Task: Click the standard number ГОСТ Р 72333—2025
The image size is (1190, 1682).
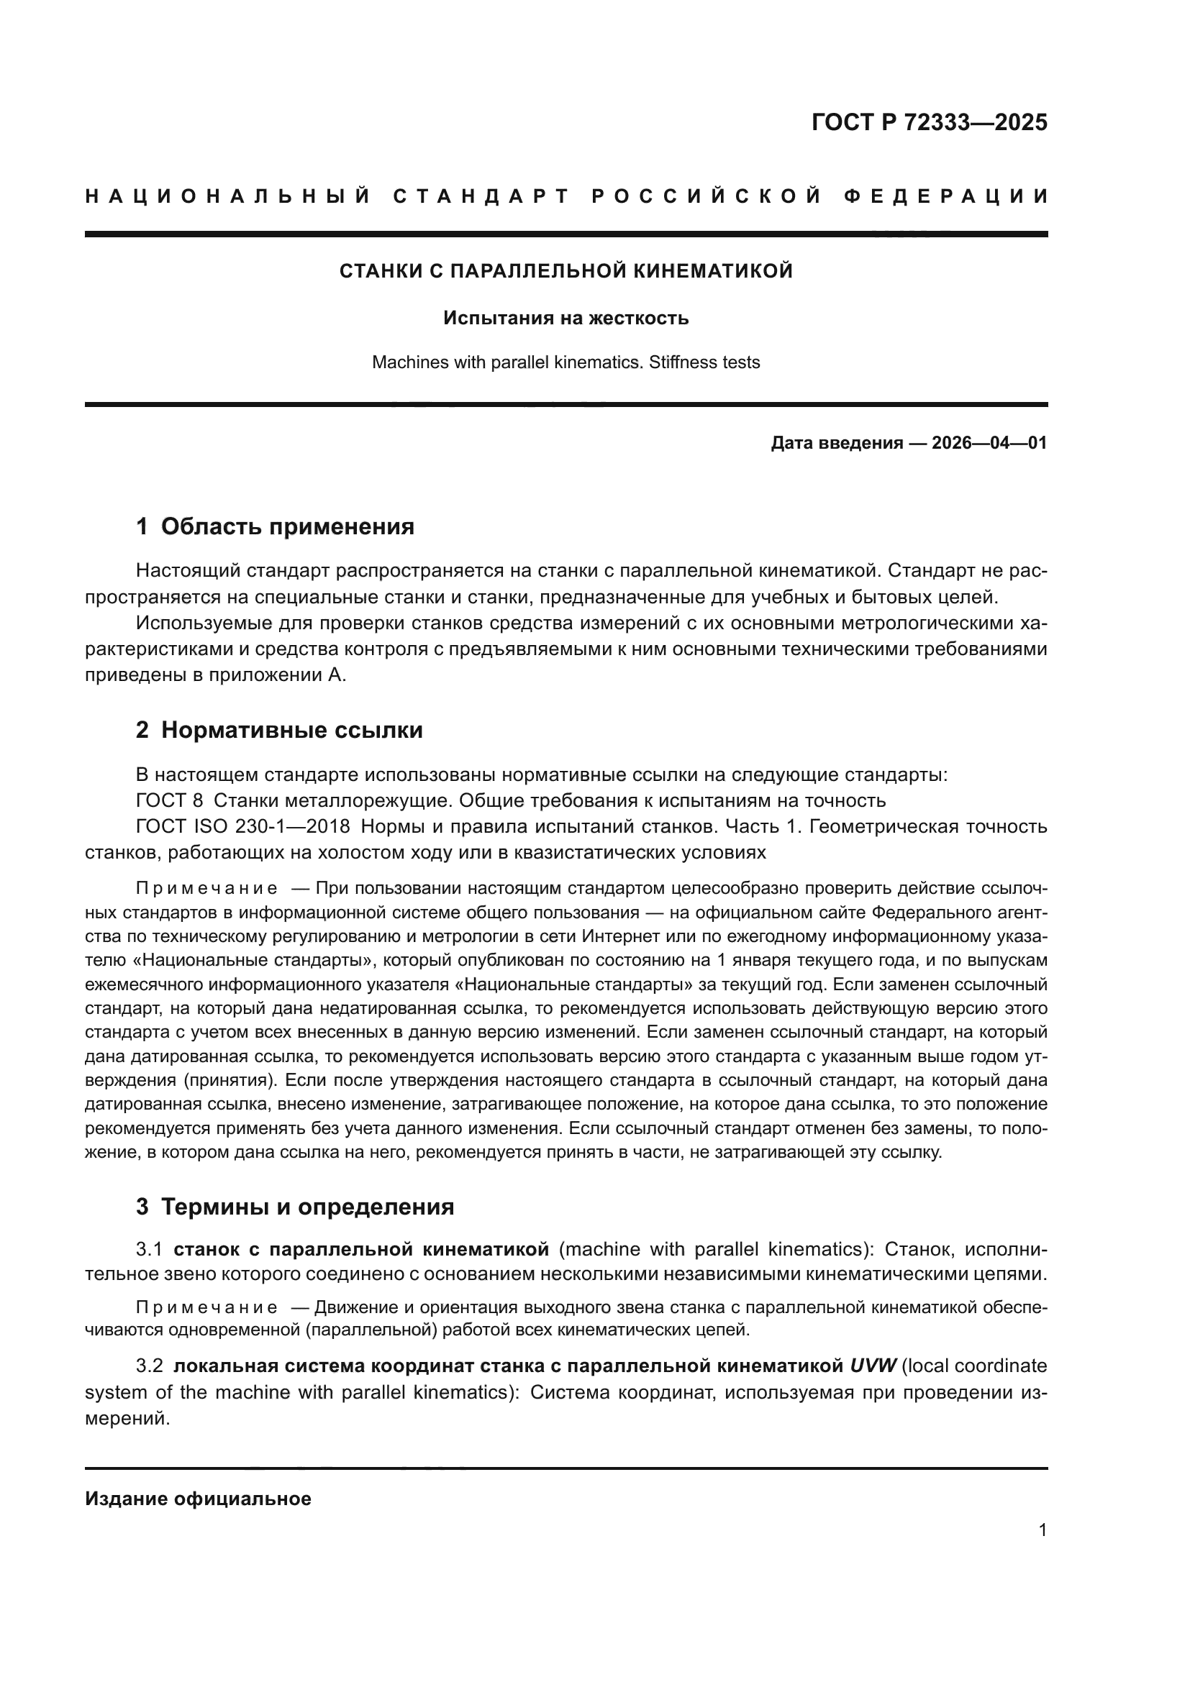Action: pyautogui.click(x=929, y=122)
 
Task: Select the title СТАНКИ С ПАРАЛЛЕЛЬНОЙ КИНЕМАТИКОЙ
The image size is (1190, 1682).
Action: pyautogui.click(x=566, y=271)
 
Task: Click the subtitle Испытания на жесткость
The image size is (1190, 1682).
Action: pyautogui.click(x=566, y=318)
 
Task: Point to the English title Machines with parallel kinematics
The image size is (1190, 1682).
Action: pyautogui.click(x=508, y=362)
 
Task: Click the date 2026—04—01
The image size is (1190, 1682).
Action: pyautogui.click(x=989, y=443)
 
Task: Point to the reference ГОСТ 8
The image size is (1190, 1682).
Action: pyautogui.click(x=169, y=800)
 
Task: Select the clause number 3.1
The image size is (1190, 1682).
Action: pyautogui.click(x=149, y=1248)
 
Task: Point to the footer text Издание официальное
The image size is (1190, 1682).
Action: pyautogui.click(x=198, y=1498)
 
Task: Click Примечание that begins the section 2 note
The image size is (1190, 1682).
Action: pyautogui.click(x=206, y=889)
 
